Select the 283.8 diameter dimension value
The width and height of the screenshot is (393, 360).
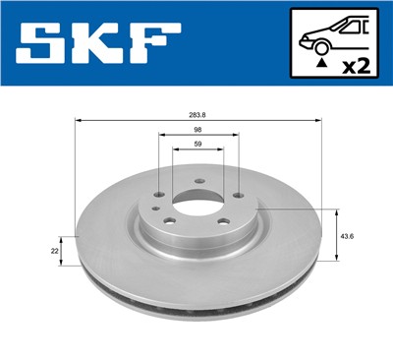[197, 115]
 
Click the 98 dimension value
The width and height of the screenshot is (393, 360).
[196, 130]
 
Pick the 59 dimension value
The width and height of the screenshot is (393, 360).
[196, 146]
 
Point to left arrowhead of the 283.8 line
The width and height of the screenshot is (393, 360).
[79, 121]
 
